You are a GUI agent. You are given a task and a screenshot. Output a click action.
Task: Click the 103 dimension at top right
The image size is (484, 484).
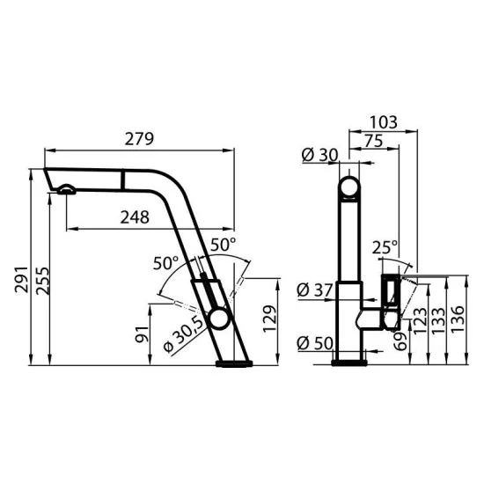pos(383,121)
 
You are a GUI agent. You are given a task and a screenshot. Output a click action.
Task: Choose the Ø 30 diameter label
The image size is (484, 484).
pos(319,155)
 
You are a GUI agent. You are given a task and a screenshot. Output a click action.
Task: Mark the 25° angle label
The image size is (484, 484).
pos(384,248)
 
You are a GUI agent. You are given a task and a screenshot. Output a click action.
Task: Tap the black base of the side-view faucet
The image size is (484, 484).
pos(233,363)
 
